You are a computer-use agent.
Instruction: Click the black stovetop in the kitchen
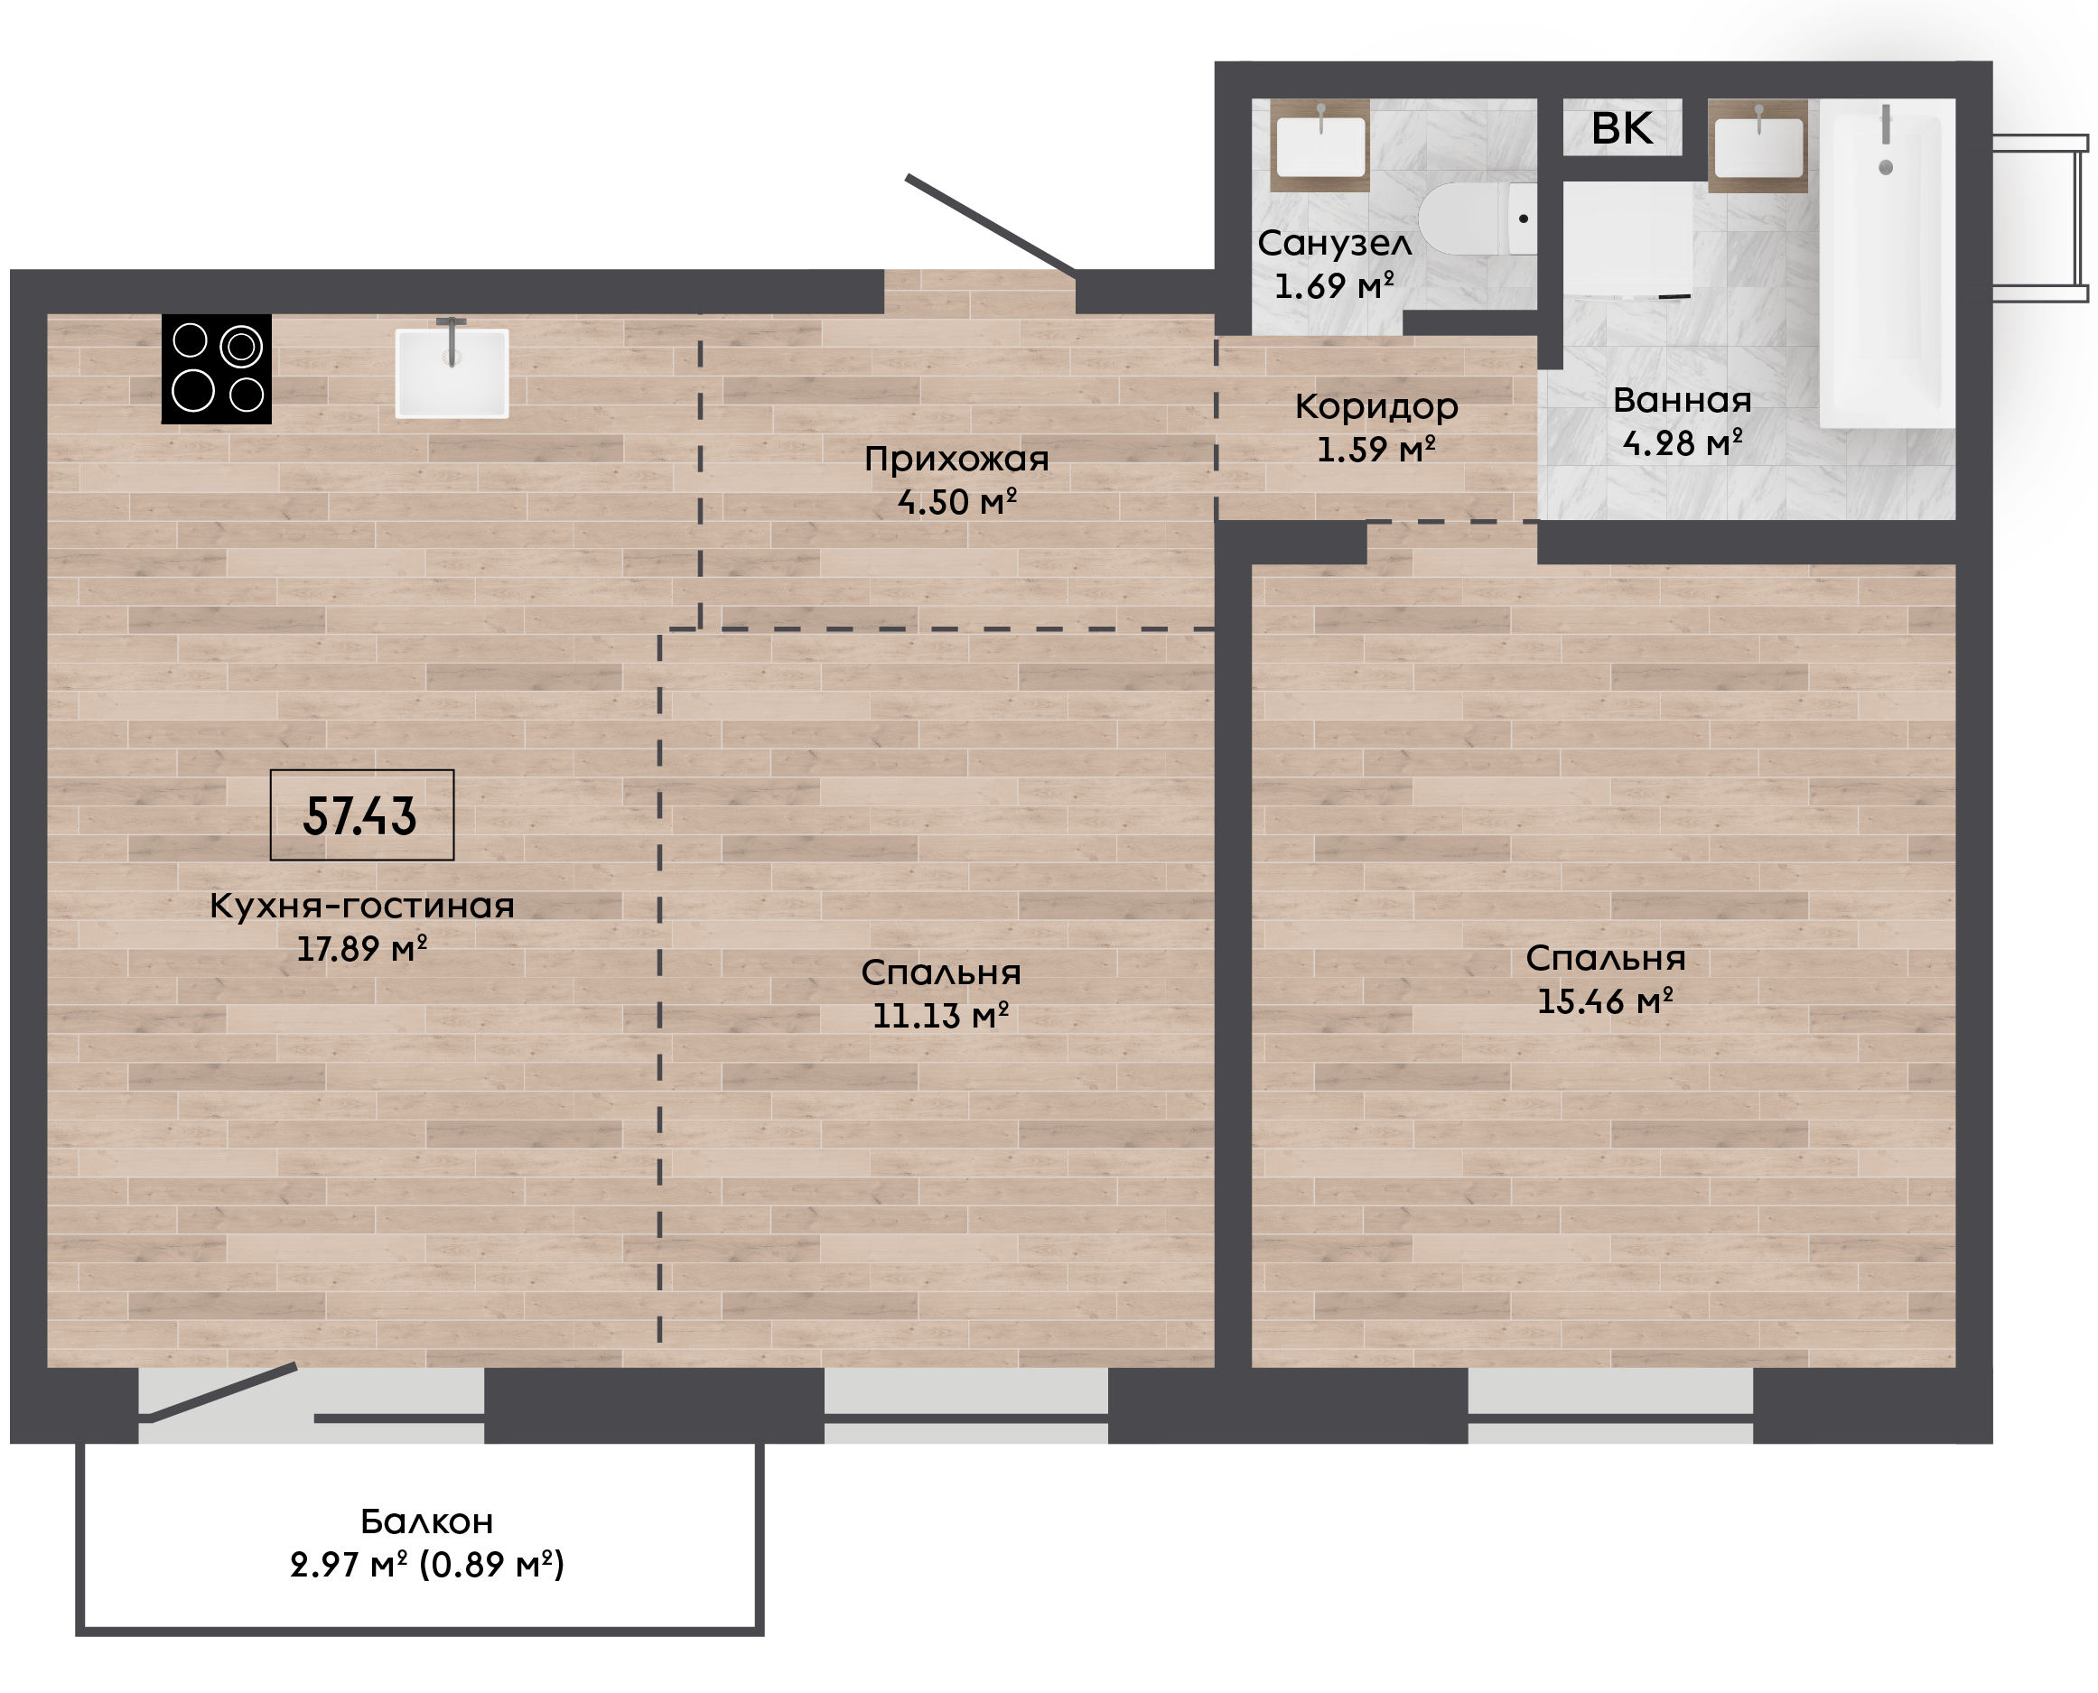(x=217, y=368)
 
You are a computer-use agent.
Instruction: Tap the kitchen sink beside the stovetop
(x=452, y=373)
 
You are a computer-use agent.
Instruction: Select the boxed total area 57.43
(x=362, y=815)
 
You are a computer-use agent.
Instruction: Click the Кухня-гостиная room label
(x=362, y=906)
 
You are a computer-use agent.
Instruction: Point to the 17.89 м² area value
(x=362, y=949)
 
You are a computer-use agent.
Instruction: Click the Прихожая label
(x=956, y=460)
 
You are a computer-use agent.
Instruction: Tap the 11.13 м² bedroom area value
(x=940, y=1015)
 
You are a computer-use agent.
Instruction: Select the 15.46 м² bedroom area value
(x=1606, y=1001)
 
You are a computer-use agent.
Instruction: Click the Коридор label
(x=1376, y=406)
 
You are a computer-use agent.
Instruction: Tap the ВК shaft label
(x=1622, y=127)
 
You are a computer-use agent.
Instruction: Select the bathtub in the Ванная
(x=1888, y=264)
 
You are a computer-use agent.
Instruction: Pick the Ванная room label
(x=1683, y=400)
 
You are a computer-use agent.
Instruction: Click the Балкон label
(x=427, y=1521)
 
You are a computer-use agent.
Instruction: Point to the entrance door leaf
(x=990, y=225)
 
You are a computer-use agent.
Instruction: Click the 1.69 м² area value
(x=1334, y=285)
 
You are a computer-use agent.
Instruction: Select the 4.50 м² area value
(x=956, y=502)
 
